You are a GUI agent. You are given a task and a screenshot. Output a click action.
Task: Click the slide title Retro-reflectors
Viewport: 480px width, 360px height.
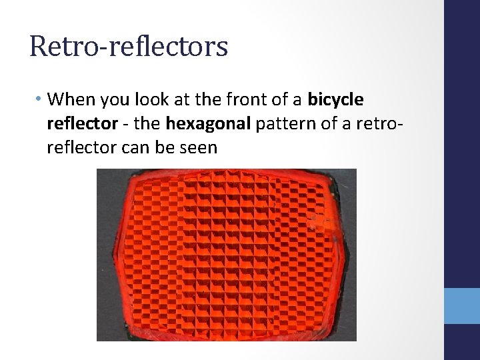click(129, 46)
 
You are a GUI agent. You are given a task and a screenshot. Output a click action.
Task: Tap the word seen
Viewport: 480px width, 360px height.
click(199, 147)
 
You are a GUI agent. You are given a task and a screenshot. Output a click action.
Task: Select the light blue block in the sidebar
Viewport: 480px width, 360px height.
click(462, 306)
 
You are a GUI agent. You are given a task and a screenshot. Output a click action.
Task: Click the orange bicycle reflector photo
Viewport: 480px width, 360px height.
click(227, 255)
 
